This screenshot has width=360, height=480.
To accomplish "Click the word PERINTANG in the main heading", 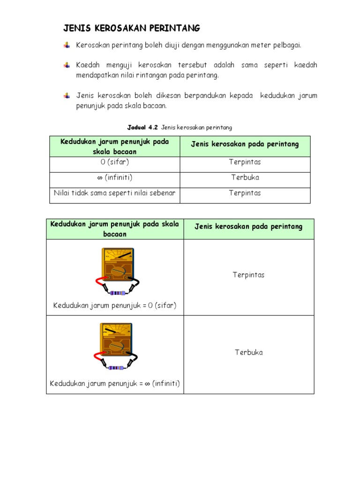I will [x=175, y=29].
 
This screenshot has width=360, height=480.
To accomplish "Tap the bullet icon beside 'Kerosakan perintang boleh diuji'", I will [x=67, y=45].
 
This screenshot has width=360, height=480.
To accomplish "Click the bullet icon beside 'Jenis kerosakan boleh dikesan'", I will [x=67, y=96].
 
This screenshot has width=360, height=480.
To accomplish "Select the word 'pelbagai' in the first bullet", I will [x=287, y=45].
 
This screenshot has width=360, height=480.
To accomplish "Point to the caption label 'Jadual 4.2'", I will [x=143, y=127].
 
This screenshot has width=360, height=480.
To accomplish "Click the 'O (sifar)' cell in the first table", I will [x=115, y=162].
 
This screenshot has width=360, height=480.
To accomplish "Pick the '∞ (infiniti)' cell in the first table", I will [x=115, y=178].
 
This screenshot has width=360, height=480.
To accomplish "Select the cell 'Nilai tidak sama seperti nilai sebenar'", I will [x=115, y=193].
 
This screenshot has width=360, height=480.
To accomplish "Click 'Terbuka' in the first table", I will [x=245, y=178].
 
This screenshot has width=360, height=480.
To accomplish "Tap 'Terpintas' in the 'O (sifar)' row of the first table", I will [x=245, y=162].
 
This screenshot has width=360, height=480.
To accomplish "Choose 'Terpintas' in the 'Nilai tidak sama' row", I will [x=245, y=193].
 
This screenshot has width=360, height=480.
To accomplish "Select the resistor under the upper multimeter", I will [x=118, y=293].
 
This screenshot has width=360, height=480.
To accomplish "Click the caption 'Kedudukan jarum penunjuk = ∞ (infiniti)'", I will [x=115, y=383].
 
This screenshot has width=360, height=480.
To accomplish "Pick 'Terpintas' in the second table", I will [x=248, y=275].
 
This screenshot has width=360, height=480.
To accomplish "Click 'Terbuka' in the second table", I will [x=248, y=352].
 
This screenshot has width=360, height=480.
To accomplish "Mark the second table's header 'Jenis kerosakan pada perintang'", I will [x=248, y=227].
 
